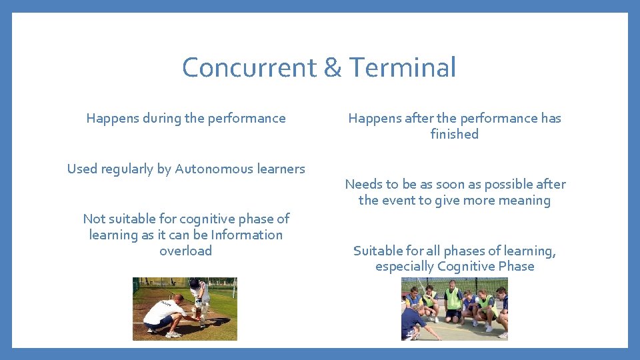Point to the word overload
185,251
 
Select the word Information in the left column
247,235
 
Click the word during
159,118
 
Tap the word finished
455,134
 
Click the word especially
404,266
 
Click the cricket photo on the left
185,309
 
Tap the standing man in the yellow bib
453,300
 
